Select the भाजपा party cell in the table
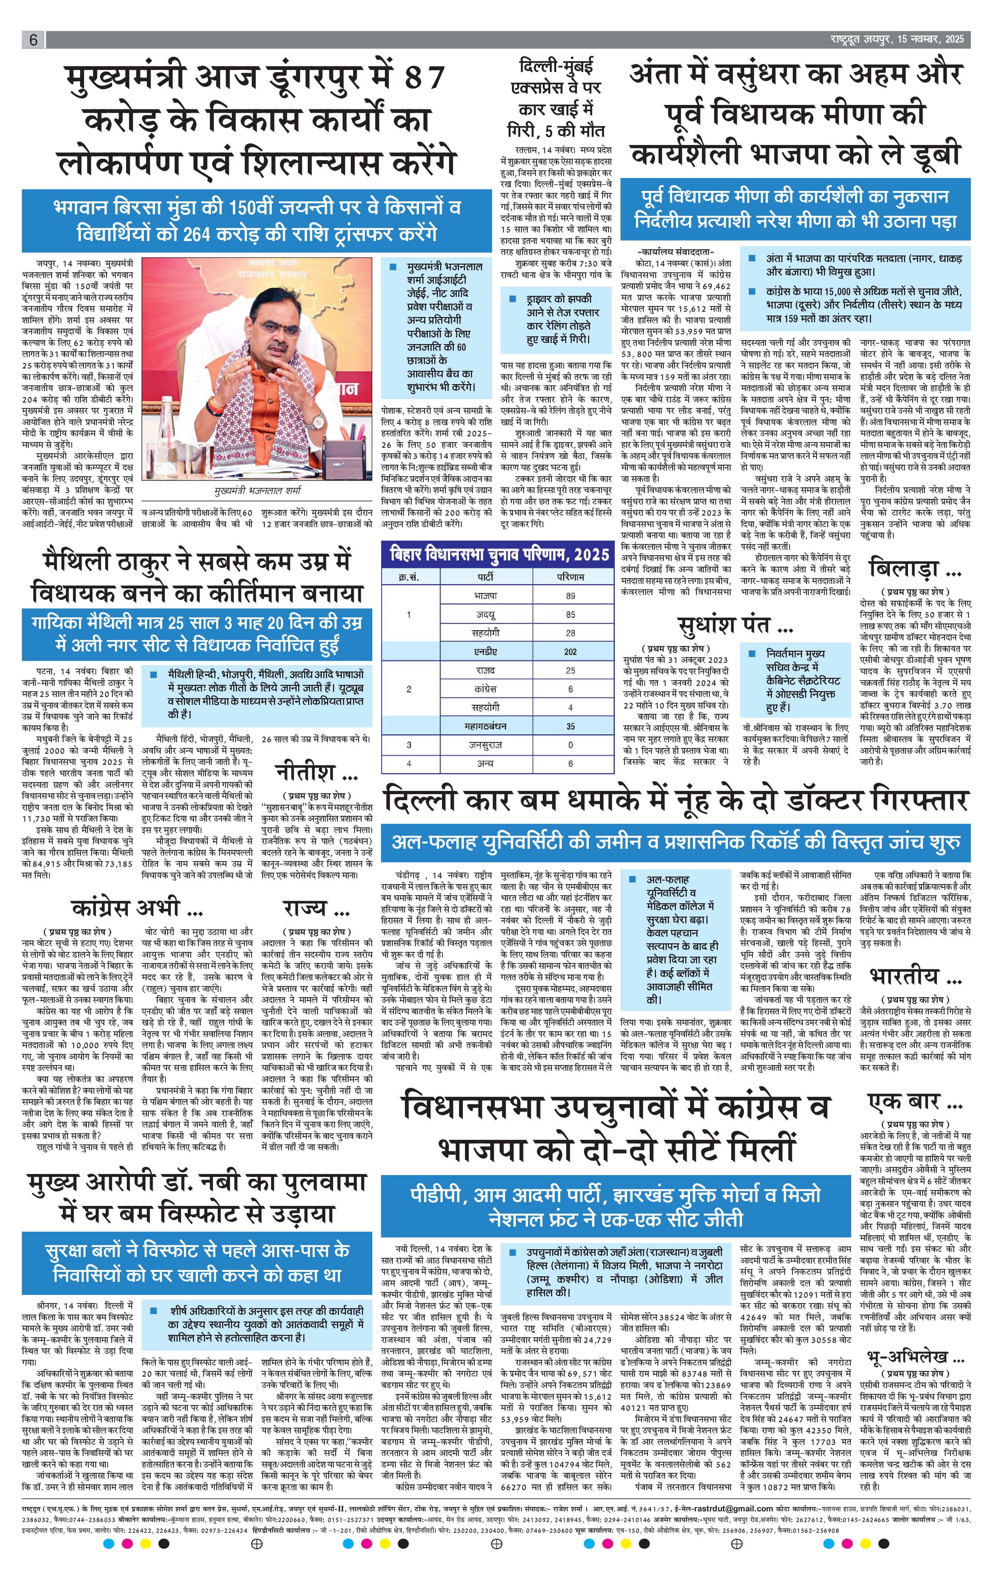(x=485, y=596)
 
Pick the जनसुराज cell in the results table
(x=485, y=745)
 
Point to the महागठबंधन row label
(x=485, y=726)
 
